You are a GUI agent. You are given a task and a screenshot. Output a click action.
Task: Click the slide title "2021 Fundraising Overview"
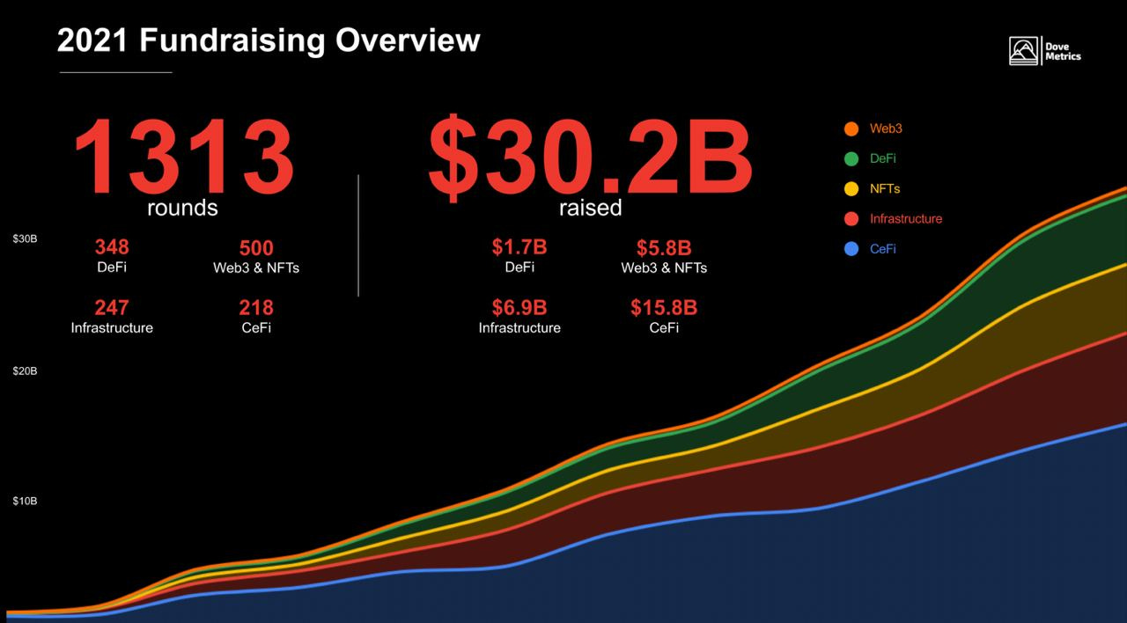click(269, 40)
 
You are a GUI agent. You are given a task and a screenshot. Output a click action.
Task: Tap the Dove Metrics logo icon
click(1025, 51)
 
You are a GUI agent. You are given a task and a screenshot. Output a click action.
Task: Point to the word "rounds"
click(182, 209)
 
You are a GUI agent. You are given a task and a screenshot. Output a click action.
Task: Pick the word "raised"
click(590, 209)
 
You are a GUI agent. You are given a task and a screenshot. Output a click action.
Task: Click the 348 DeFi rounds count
click(112, 247)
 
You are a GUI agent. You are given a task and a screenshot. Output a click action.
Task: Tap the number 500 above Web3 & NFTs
click(256, 248)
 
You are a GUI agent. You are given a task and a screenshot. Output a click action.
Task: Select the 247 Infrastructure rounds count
click(112, 308)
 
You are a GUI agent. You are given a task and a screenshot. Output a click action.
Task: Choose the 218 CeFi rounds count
click(256, 308)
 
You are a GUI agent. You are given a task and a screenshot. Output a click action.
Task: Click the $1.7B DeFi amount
click(519, 247)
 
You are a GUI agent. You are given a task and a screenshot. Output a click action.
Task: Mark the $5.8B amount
click(664, 248)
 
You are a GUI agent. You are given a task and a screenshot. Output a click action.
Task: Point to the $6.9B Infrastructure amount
click(519, 308)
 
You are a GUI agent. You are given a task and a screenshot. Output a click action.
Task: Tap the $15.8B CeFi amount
click(664, 308)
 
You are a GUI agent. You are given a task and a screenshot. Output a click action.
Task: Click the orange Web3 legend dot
click(851, 128)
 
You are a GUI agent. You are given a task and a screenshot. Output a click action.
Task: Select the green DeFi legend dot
click(851, 159)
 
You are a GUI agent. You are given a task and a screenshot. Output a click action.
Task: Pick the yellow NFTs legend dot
click(851, 189)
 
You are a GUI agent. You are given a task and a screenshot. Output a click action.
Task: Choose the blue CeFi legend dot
click(851, 249)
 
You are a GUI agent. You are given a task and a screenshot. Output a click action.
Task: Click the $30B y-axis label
click(25, 239)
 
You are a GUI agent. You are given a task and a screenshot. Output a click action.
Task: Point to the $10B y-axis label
click(25, 502)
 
